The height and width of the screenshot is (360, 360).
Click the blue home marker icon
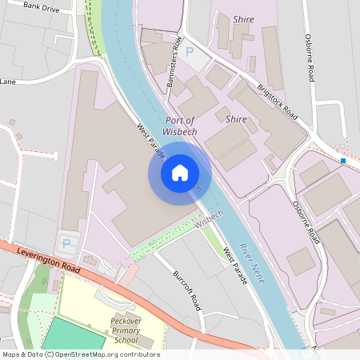click(179, 173)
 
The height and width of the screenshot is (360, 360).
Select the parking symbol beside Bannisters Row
click(190, 53)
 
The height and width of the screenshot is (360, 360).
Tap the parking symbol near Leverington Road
click(66, 243)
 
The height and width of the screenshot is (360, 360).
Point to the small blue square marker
click(343, 161)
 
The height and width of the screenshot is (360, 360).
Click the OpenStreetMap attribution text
click(80, 354)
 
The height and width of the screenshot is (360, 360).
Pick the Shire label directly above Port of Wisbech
click(236, 118)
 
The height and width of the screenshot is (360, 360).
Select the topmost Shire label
click(243, 18)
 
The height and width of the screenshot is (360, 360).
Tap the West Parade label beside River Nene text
click(234, 262)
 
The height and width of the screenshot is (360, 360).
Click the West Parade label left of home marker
click(148, 140)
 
